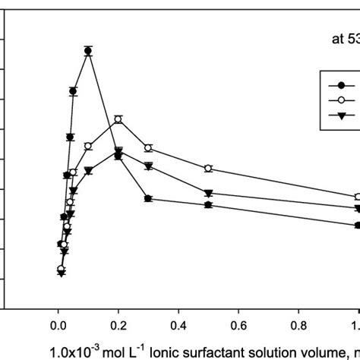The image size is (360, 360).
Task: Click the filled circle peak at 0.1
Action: [88, 51]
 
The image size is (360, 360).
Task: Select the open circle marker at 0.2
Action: [118, 119]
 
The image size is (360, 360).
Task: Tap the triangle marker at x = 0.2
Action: [118, 155]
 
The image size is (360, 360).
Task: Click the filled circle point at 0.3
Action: [148, 198]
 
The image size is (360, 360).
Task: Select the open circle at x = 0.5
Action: [208, 168]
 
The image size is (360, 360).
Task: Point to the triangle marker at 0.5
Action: [208, 193]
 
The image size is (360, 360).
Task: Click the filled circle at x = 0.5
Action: [208, 205]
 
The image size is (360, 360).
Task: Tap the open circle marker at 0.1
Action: [88, 146]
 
